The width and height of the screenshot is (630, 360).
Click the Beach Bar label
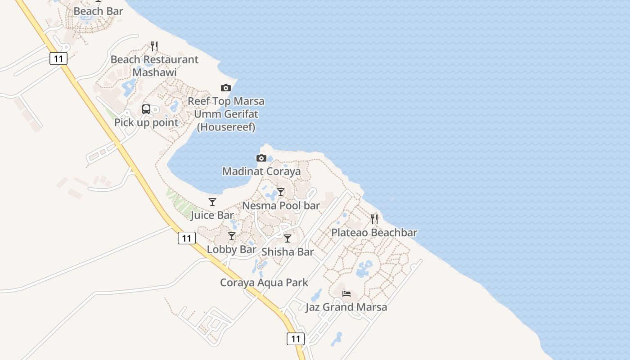click(98, 11)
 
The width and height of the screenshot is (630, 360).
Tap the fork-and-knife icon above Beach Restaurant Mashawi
click(154, 46)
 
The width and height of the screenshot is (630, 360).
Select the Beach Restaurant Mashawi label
click(154, 66)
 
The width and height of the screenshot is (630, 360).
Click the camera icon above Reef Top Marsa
click(226, 88)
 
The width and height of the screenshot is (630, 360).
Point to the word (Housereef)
click(226, 127)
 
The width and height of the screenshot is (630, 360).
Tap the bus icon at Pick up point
click(146, 109)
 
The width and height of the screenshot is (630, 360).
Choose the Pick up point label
click(146, 122)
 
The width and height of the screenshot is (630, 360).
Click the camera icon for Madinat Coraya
click(261, 158)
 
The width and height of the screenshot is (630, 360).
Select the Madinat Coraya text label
click(261, 171)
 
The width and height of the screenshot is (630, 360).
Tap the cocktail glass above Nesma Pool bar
click(281, 192)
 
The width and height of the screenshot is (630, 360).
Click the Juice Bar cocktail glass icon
click(212, 202)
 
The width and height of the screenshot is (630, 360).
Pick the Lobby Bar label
click(231, 249)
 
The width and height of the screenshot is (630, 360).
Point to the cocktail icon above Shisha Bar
click(288, 238)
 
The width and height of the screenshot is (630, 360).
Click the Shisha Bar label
click(288, 252)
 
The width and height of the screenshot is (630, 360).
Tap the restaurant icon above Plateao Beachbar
click(374, 219)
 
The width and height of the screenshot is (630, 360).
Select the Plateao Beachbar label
click(374, 233)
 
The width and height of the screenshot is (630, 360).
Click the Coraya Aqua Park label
click(264, 283)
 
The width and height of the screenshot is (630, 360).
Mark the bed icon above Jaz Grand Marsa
click(346, 294)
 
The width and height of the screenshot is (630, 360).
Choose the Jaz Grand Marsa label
click(346, 307)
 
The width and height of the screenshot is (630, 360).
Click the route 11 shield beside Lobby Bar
click(187, 238)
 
